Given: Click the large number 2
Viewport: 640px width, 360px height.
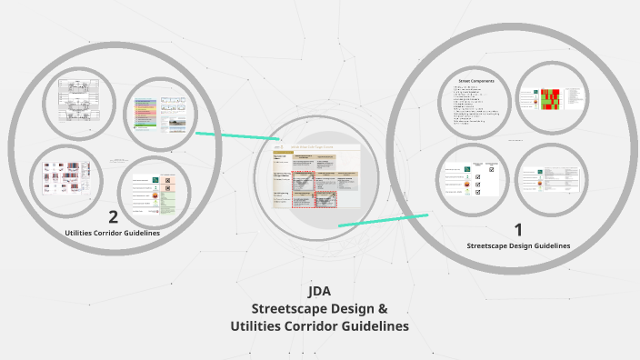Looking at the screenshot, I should tap(113, 216).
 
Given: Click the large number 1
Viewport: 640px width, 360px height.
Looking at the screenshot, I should tap(518, 230).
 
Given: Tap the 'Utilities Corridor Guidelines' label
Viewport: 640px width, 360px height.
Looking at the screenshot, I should tap(113, 234).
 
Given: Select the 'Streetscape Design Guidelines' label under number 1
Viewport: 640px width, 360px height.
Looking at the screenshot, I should tap(518, 245).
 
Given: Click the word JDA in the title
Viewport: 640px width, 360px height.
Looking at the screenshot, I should tap(319, 292).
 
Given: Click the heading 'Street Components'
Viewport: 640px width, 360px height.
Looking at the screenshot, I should tap(476, 80).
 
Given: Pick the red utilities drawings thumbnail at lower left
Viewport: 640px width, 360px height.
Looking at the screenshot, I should tap(65, 178).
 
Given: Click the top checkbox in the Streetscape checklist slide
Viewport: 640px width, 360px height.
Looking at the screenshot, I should tap(491, 169).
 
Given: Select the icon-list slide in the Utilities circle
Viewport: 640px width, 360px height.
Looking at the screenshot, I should tap(155, 193).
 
